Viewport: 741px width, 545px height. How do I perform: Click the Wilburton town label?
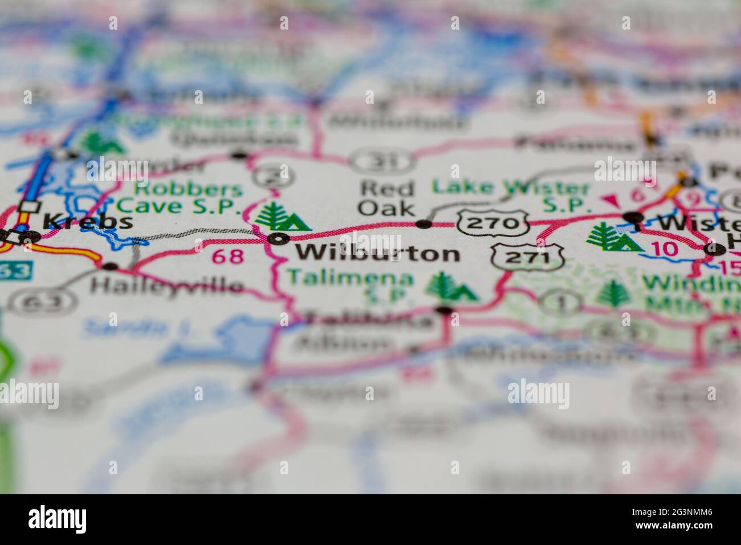(x=378, y=253)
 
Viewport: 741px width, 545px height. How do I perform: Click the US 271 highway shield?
(x=528, y=258)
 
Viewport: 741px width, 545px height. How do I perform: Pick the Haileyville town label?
(x=167, y=284)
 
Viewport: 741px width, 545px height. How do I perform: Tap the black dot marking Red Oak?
(x=424, y=224)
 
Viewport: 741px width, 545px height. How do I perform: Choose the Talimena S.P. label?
(x=349, y=286)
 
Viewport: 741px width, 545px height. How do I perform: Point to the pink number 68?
(x=227, y=257)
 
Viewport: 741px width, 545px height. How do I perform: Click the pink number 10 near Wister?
(x=664, y=248)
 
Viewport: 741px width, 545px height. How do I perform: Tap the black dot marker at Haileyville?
(x=110, y=266)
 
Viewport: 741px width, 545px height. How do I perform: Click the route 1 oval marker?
(x=559, y=300)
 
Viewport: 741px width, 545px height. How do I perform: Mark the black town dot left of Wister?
(x=633, y=217)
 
